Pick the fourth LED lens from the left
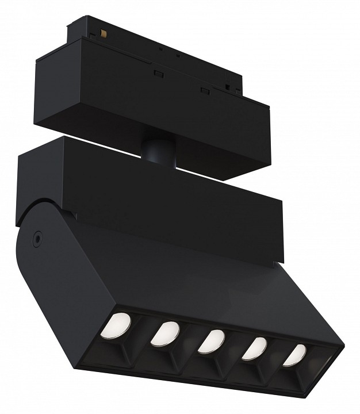tap(255, 348)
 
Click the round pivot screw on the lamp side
tap(38, 236)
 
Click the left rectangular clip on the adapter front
tap(156, 73)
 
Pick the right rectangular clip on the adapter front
tap(204, 89)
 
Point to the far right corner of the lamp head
tap(343, 348)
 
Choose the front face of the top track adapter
tap(155, 109)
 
